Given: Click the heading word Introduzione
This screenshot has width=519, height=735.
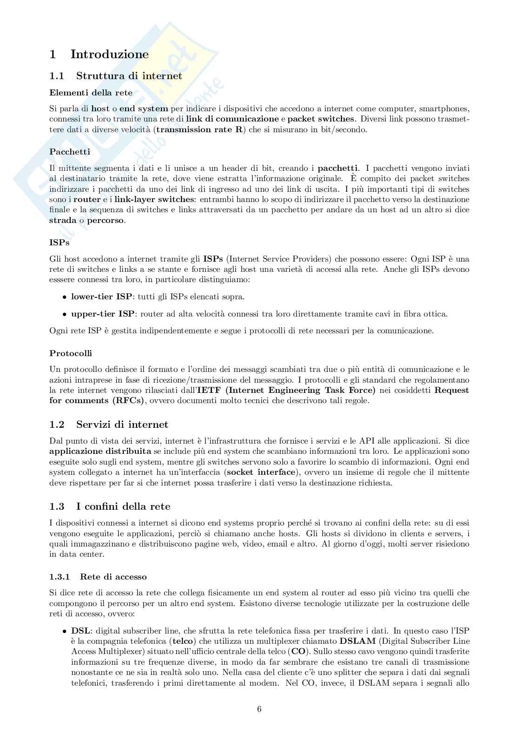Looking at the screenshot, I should [109, 54].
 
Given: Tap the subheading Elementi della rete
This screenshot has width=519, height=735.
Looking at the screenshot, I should [91, 93].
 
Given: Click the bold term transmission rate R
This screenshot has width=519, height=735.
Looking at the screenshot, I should [200, 129].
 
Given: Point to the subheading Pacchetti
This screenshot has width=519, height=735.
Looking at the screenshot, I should [70, 152].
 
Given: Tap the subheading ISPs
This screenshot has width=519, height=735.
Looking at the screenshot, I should [59, 243].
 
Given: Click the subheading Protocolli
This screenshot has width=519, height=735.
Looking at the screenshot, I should [71, 353].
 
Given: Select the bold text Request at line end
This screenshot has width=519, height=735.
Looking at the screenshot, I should [451, 390].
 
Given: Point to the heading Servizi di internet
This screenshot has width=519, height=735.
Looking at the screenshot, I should [122, 425].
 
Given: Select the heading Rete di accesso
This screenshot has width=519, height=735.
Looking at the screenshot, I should [113, 577].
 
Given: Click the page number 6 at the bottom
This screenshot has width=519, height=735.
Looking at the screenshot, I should [259, 709].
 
